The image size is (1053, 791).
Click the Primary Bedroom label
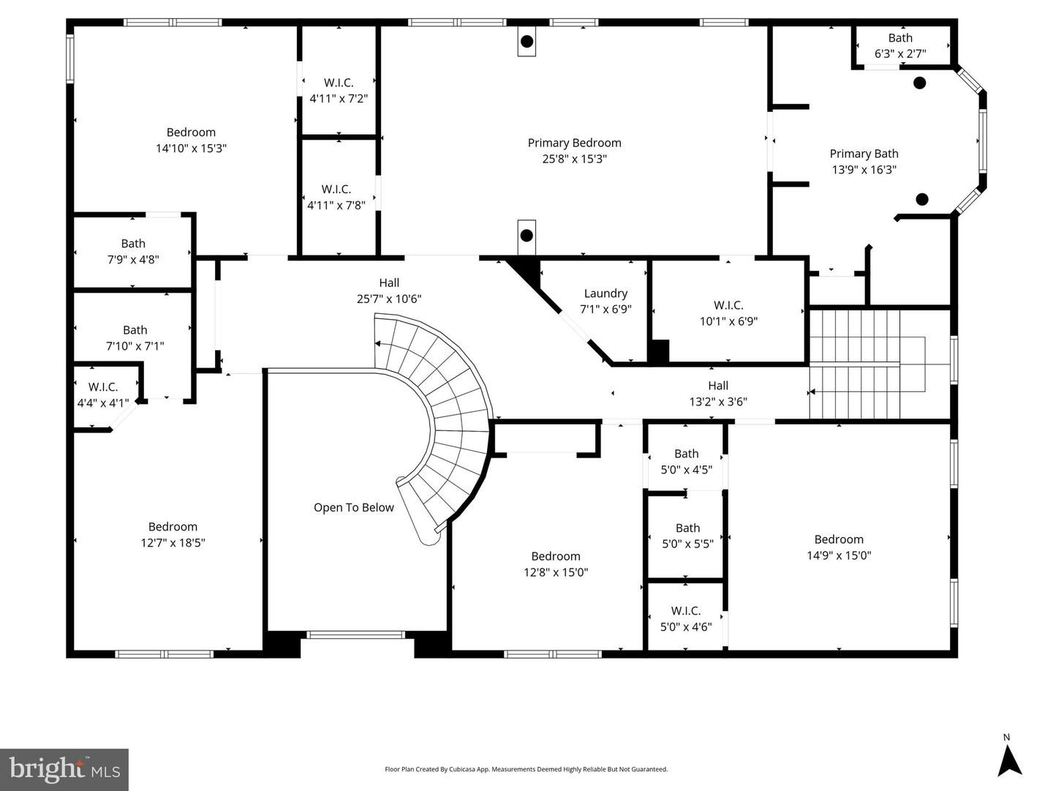[574, 143]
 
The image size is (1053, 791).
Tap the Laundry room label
[605, 293]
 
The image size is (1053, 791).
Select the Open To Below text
[353, 508]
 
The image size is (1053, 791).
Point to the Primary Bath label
[864, 154]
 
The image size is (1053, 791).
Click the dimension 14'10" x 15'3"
[191, 149]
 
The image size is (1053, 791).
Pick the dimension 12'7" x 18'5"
[173, 543]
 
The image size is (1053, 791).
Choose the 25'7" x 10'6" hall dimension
[389, 299]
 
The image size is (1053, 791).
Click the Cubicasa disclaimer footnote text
[526, 769]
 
